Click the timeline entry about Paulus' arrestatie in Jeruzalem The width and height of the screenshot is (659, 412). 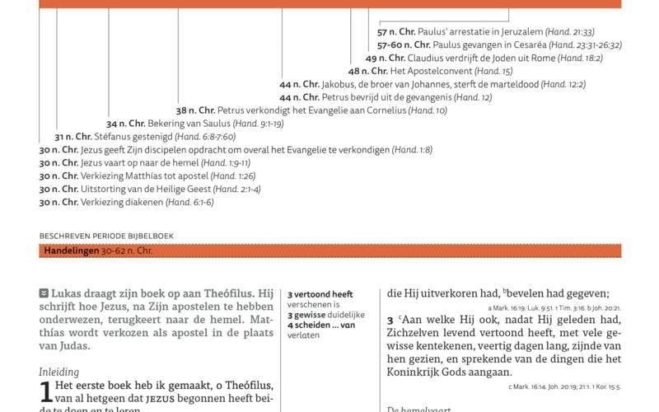[x=485, y=32]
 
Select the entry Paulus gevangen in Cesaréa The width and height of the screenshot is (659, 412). [x=499, y=45]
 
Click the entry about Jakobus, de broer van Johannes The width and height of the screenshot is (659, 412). [x=432, y=85]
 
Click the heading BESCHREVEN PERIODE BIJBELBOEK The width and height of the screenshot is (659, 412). [x=106, y=236]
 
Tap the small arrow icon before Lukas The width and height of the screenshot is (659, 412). [x=44, y=293]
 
